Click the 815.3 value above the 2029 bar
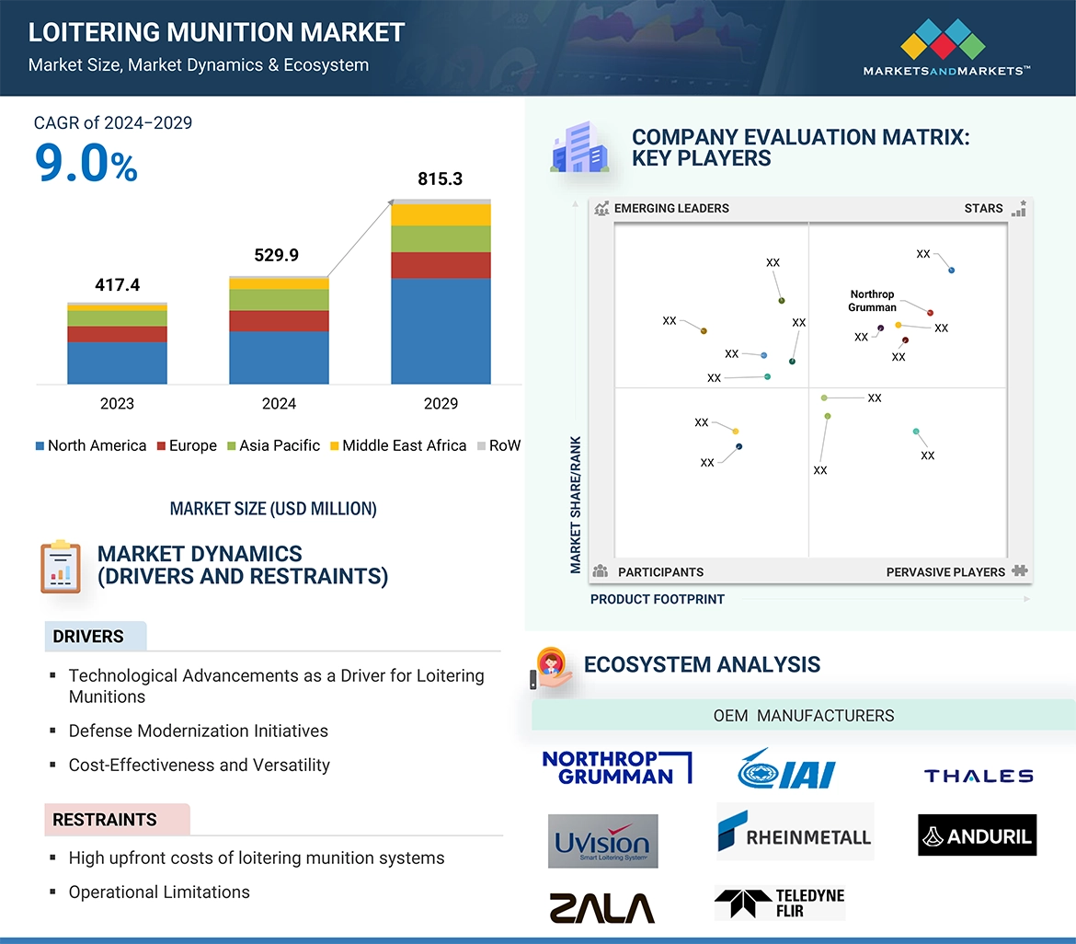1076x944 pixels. pos(440,179)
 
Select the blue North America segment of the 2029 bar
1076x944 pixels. pos(441,331)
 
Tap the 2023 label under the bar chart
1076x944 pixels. pos(117,404)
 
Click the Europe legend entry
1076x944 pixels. pos(192,446)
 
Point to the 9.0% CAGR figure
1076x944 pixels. pos(86,164)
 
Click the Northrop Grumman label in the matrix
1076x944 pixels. pos(872,301)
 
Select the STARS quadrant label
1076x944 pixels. pos(983,209)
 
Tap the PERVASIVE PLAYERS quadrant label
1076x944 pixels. pos(945,572)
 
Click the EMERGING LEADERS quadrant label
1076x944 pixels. pos(671,209)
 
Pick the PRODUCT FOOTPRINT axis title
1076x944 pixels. pos(657,600)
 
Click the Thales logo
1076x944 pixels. pos(979,777)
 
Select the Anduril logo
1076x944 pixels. pos(977,835)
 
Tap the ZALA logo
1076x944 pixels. pos(601,907)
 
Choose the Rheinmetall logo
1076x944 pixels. pos(795,832)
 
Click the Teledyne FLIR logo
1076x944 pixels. pos(780,904)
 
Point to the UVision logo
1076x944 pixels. pos(602,841)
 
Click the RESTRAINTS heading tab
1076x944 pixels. pos(105,820)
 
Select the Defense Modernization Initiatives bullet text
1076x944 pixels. pos(199,731)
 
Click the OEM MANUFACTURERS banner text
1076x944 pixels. pos(804,716)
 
